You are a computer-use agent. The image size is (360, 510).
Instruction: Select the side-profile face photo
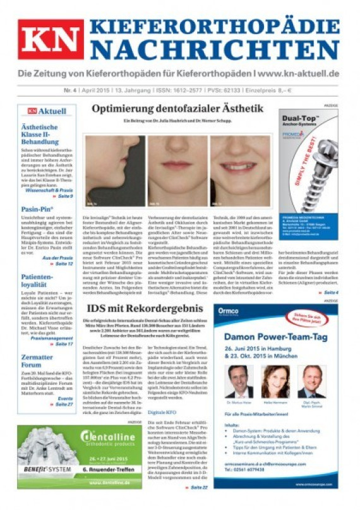click(114, 170)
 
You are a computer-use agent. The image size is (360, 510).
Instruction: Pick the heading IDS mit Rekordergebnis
click(145, 308)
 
